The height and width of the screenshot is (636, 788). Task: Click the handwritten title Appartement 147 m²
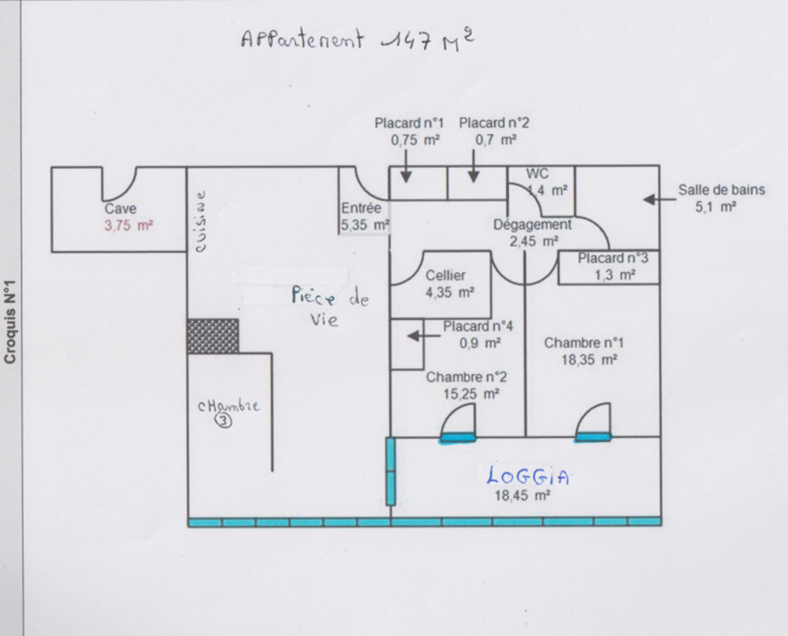357,39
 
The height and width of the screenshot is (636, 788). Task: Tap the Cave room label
120,208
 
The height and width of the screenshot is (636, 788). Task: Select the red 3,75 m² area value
128,226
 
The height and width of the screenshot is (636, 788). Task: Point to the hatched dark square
213,335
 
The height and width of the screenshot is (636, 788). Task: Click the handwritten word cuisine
200,221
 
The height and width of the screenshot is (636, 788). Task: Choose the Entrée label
362,208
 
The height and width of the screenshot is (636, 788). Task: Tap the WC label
537,174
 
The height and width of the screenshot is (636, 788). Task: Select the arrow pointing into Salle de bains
660,200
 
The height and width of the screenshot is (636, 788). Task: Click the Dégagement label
532,224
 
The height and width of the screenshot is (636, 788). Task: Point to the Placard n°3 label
612,258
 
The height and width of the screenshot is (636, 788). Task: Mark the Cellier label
445,275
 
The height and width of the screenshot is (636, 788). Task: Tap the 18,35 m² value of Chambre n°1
589,360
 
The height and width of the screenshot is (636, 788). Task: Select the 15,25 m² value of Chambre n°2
471,394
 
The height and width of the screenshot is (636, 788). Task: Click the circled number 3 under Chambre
224,420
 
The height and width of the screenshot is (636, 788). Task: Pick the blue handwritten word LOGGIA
528,476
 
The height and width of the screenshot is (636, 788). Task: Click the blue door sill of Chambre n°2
457,439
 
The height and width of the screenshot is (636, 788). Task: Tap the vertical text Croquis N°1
10,321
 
